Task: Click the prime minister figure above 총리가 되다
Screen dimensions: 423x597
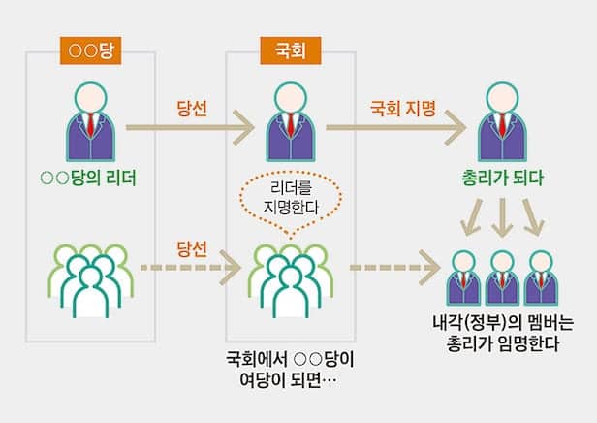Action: (x=501, y=122)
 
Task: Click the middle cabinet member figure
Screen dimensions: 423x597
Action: (x=502, y=278)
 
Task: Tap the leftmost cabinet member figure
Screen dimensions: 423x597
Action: (x=463, y=278)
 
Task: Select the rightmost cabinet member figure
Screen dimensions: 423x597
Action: (x=540, y=278)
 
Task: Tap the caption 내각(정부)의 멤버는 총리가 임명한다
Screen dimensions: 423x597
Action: (x=502, y=334)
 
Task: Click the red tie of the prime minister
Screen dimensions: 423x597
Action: (x=501, y=128)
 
